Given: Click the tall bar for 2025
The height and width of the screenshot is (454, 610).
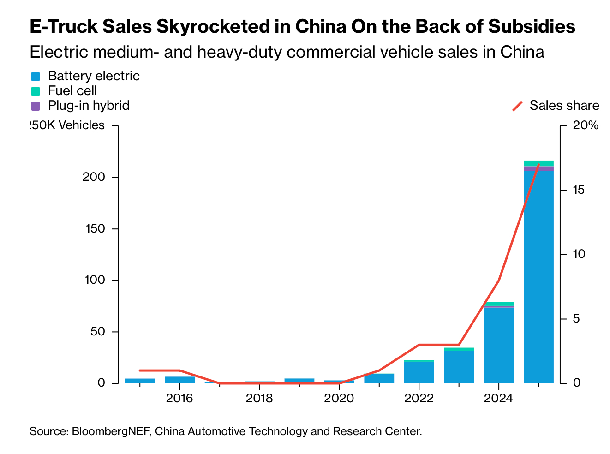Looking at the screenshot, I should (x=538, y=277).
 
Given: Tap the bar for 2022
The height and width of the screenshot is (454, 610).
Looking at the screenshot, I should (x=419, y=372).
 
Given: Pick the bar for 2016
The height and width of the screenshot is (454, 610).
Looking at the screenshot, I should (x=179, y=380).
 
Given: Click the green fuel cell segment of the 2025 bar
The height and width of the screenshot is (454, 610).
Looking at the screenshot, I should (x=538, y=163).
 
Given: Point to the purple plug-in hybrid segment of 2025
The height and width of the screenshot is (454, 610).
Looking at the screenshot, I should (x=538, y=168).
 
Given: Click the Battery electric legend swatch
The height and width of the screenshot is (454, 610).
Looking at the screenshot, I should (x=36, y=77).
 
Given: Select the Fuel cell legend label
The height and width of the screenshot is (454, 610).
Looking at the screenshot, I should (x=72, y=91).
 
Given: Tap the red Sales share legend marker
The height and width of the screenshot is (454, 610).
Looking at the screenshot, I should (x=518, y=106).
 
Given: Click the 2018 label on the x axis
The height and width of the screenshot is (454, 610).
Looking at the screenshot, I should (x=259, y=398).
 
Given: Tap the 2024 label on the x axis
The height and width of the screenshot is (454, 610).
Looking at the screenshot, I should (x=498, y=398).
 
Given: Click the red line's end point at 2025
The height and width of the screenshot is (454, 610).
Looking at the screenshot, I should (x=538, y=165).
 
